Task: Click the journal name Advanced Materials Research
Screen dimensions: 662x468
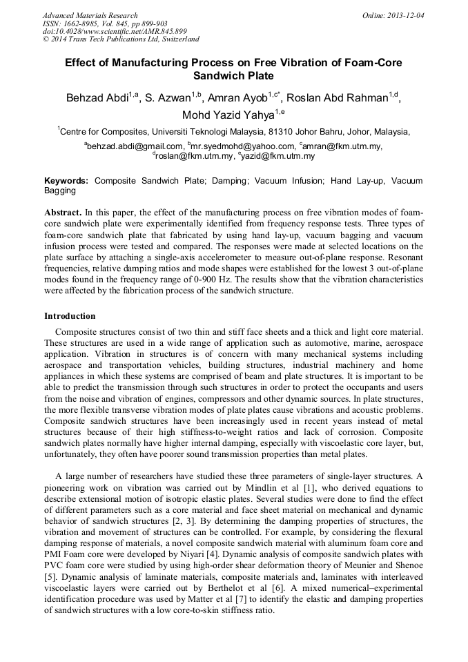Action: (90, 15)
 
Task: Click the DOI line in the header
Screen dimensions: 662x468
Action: (115, 31)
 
